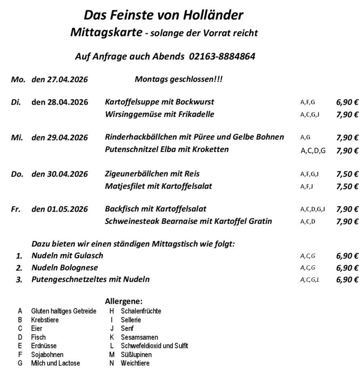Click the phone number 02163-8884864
(x=222, y=56)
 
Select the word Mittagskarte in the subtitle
(x=106, y=33)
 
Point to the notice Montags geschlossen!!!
(x=178, y=79)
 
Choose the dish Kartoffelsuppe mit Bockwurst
(x=159, y=102)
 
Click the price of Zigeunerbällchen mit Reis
(x=347, y=174)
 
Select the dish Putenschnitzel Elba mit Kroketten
(x=166, y=150)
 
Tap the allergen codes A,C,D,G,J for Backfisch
(x=313, y=209)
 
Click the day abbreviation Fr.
(x=15, y=209)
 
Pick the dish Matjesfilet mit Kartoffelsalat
(x=158, y=186)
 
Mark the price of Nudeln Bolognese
(x=347, y=268)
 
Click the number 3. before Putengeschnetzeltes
(x=19, y=280)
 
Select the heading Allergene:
(x=123, y=301)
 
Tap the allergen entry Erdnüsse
(x=44, y=346)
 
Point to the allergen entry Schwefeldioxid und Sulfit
(x=154, y=346)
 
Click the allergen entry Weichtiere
(x=135, y=363)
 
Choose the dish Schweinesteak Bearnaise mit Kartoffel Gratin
(x=188, y=221)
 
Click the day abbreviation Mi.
(x=17, y=137)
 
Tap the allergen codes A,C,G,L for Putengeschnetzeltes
(x=310, y=280)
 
